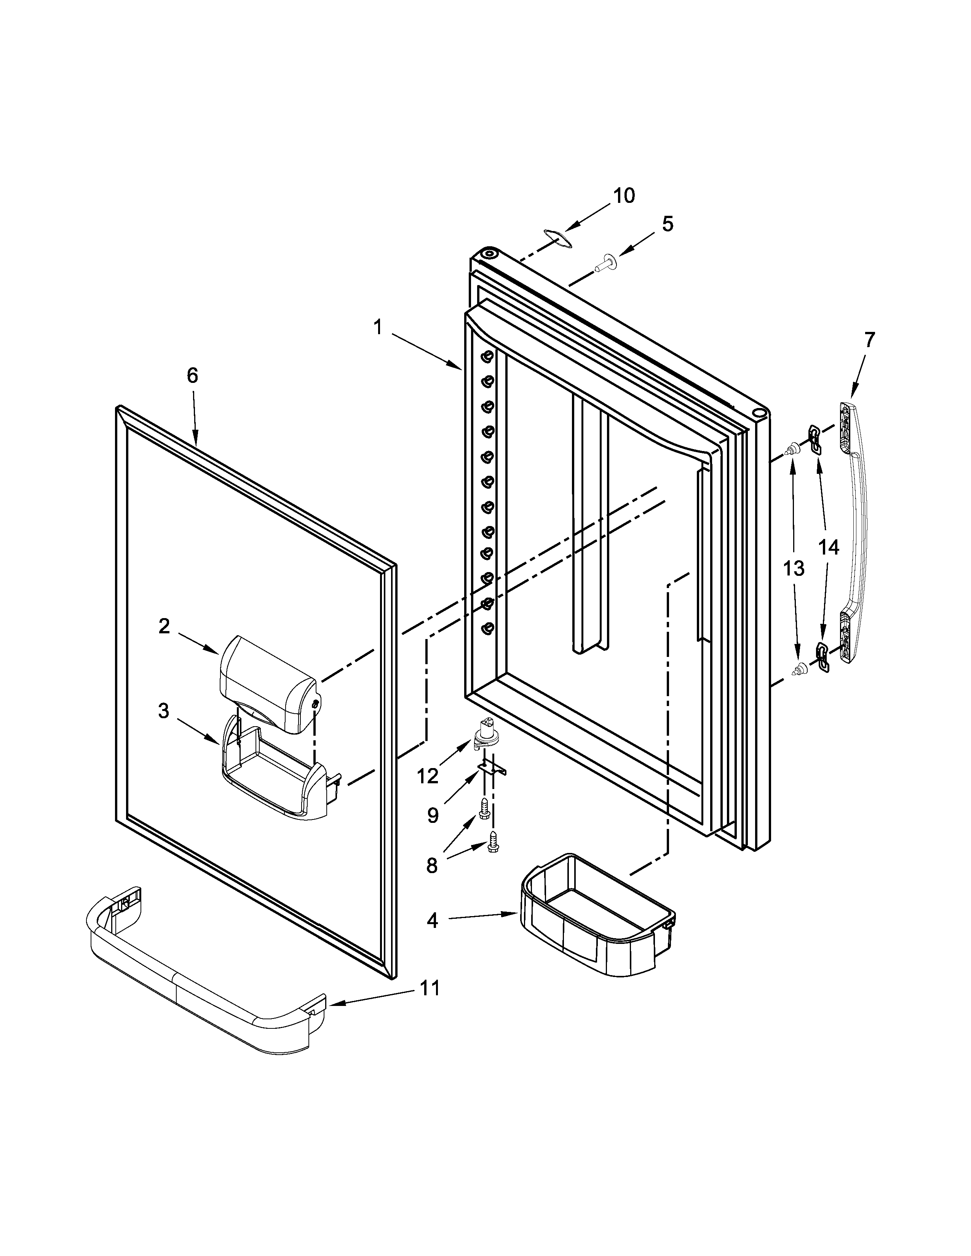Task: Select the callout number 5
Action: pyautogui.click(x=667, y=224)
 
